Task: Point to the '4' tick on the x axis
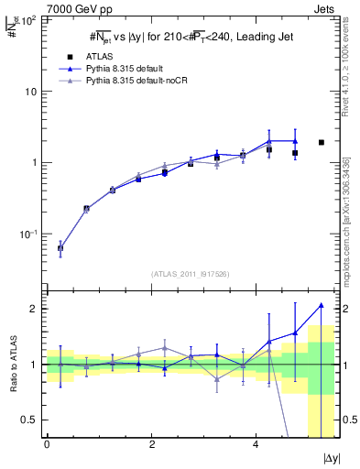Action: pyautogui.click(x=256, y=444)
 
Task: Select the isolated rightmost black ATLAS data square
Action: pyautogui.click(x=321, y=142)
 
